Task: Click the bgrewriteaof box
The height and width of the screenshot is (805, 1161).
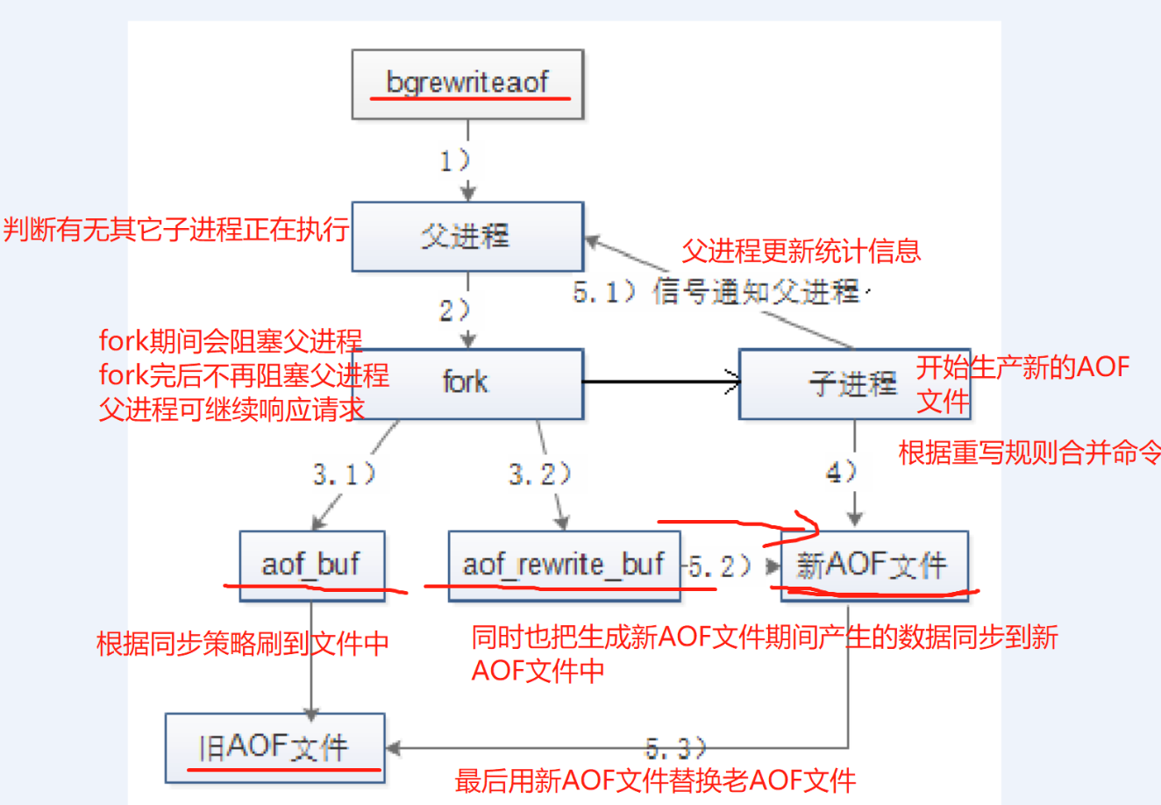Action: click(467, 84)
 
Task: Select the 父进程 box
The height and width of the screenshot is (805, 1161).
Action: click(467, 236)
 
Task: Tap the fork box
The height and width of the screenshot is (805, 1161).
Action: click(467, 382)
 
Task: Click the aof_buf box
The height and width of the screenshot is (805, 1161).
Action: click(311, 565)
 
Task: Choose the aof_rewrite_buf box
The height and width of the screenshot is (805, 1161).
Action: click(564, 566)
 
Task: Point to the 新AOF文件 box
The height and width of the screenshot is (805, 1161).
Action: click(873, 566)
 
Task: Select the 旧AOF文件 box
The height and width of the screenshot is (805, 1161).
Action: click(274, 748)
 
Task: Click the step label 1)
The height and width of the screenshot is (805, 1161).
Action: click(455, 161)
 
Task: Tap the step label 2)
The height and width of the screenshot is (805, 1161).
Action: click(455, 310)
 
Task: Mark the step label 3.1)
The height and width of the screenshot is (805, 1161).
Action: click(345, 474)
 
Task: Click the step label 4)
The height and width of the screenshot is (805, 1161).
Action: click(841, 473)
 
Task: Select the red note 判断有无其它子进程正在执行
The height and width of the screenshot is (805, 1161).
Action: click(176, 230)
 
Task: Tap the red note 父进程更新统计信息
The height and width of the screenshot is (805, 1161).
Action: click(801, 252)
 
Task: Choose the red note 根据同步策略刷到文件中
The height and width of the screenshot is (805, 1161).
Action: click(243, 644)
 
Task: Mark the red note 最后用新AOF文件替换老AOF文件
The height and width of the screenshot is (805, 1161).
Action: click(655, 780)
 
